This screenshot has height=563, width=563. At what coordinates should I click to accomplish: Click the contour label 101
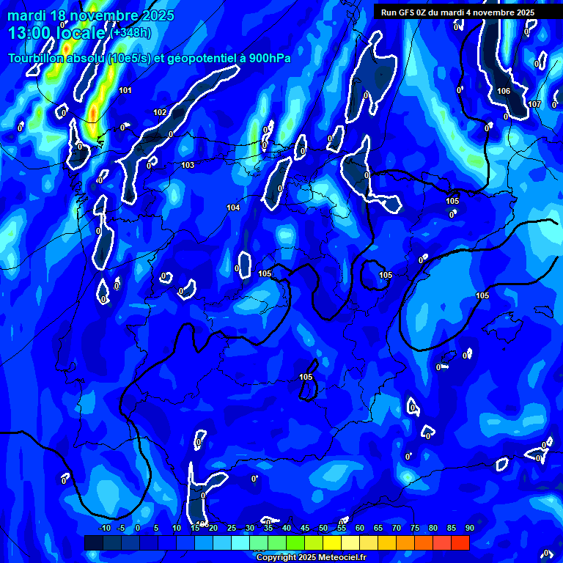tap(125, 90)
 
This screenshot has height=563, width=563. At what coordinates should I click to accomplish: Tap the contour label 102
tap(160, 112)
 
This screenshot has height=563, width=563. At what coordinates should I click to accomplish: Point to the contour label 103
tap(188, 165)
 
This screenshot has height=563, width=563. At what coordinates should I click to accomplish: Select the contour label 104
tap(233, 207)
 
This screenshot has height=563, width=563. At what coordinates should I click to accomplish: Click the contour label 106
tap(504, 91)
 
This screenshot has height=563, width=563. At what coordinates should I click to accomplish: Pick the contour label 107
tap(534, 104)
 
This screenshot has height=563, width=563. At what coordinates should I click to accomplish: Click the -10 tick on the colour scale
tap(104, 528)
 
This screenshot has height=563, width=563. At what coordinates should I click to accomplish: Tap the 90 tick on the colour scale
tap(469, 528)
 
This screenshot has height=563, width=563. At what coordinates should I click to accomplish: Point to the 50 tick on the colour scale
tap(323, 528)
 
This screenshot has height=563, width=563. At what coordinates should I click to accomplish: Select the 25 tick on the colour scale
tap(232, 528)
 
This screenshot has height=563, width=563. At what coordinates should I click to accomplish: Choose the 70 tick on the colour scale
tap(397, 528)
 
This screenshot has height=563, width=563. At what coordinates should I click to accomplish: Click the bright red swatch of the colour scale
tap(460, 542)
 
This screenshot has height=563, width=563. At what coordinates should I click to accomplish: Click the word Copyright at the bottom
tap(276, 558)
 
